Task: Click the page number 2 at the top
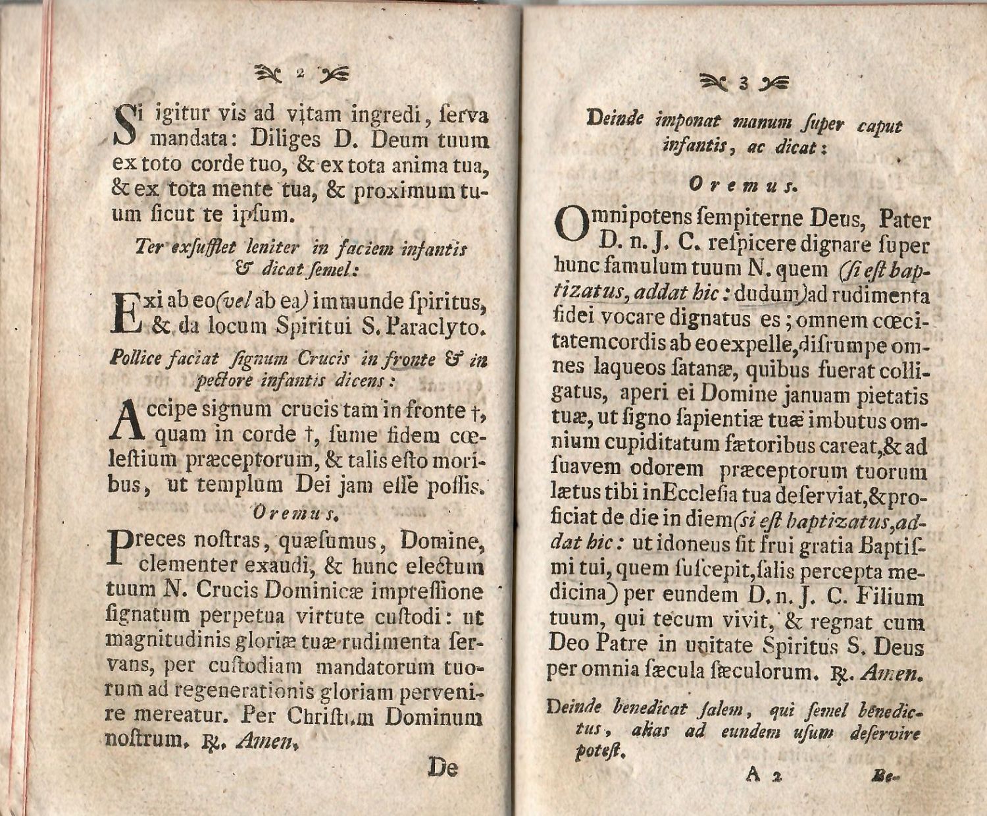point(299,72)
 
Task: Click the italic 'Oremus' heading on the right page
point(743,186)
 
